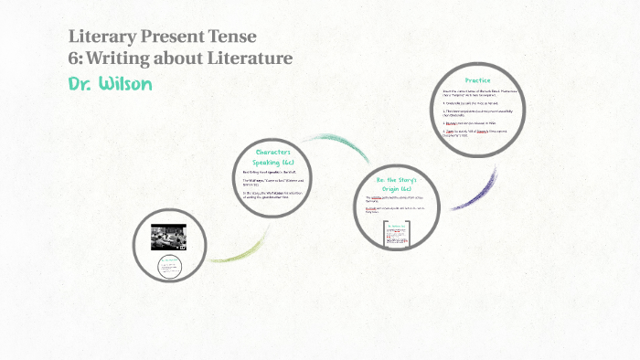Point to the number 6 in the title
tap(74, 58)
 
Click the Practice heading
tap(477, 80)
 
